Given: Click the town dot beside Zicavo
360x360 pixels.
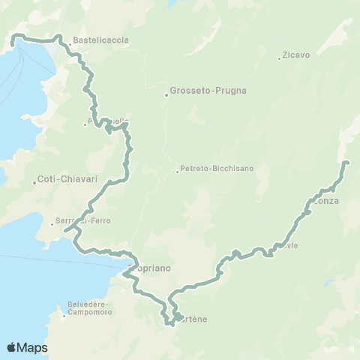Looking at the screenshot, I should point(279,58).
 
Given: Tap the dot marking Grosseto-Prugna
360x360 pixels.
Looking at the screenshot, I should point(166,94).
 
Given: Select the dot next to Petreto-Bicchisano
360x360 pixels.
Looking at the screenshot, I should point(177,172).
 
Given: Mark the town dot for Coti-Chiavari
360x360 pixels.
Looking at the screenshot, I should point(34,183).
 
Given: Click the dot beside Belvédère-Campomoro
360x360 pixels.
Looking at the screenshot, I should point(64,315).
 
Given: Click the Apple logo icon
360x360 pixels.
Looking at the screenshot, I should point(12,347).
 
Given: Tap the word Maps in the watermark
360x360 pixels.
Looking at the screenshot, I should point(34,347).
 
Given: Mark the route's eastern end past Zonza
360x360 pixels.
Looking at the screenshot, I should point(346,162).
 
